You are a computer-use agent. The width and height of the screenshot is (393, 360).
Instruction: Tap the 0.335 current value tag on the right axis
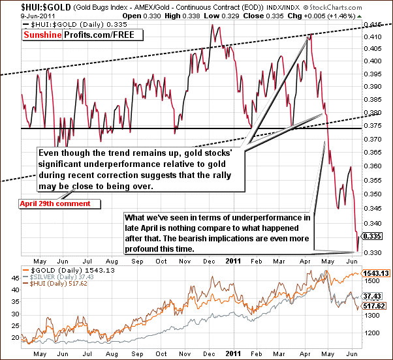tap(371, 236)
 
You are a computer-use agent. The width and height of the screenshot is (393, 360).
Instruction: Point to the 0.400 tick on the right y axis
tap(371, 61)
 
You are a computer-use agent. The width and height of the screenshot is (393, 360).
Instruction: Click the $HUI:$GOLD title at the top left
tap(24, 6)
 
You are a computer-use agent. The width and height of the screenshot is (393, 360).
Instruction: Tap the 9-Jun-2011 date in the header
tap(20, 14)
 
